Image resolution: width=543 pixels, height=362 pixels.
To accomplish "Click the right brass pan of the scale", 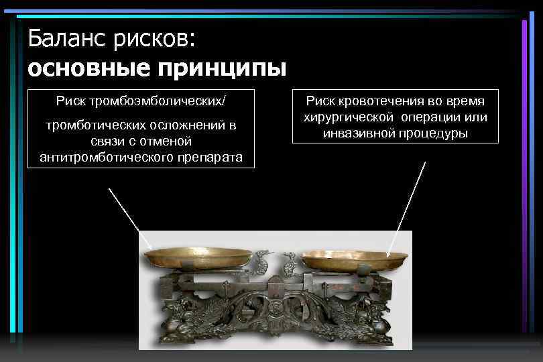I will (354, 257).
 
